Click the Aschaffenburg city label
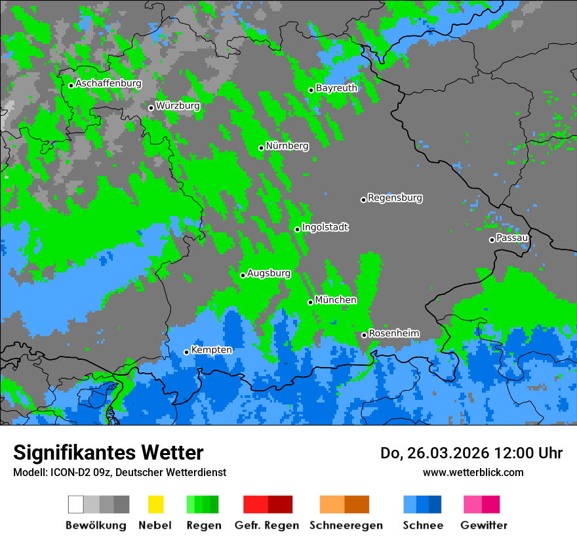coord(108,83)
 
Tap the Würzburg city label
coord(178,106)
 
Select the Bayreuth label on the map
coord(336,88)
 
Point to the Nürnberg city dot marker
coord(261,148)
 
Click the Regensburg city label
coord(395,198)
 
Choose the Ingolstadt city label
coord(325,227)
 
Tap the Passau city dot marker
coord(492,240)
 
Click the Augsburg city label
coord(268,273)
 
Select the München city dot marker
coord(310,302)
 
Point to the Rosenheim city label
coord(393,334)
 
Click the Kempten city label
coord(211,350)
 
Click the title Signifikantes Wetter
coord(108,453)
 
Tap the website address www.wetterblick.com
coord(473,472)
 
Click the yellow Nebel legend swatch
coord(155,504)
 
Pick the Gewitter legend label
coord(483,525)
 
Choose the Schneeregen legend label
coord(346,525)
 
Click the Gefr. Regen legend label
coord(267,525)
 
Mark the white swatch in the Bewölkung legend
coord(76,504)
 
